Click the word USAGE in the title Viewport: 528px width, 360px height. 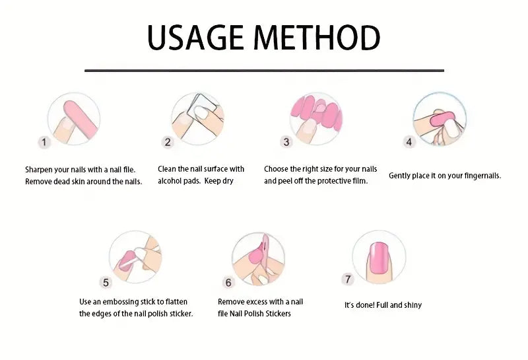(195, 37)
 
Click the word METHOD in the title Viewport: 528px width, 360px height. (317, 37)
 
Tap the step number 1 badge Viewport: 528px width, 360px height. (44, 142)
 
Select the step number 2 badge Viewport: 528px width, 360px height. (168, 142)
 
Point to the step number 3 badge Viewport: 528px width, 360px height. (286, 142)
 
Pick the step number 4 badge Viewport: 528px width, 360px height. (409, 142)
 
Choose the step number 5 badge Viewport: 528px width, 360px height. (106, 283)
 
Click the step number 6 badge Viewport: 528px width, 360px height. (228, 283)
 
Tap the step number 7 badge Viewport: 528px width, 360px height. (348, 279)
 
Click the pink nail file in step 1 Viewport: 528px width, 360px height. (80, 119)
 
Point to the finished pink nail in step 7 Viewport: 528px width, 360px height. (378, 258)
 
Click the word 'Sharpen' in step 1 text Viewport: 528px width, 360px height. (38, 170)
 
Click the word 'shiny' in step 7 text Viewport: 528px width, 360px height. (413, 305)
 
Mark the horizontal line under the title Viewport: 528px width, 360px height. (265, 71)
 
